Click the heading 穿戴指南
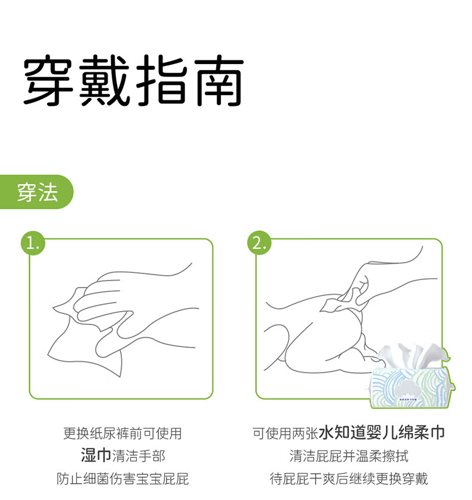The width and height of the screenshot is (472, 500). pyautogui.click(x=134, y=80)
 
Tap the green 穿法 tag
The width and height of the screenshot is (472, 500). pyautogui.click(x=36, y=192)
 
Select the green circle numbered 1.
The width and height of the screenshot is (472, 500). pyautogui.click(x=33, y=243)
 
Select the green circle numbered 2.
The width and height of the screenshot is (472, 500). pyautogui.click(x=259, y=243)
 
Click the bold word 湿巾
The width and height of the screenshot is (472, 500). pyautogui.click(x=96, y=455)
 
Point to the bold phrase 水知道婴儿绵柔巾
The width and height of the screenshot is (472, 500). pyautogui.click(x=382, y=433)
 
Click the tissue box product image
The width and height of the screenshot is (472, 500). pyautogui.click(x=413, y=376)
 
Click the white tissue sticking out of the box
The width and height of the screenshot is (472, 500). pyautogui.click(x=413, y=355)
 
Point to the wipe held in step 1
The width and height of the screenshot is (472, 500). pyautogui.click(x=86, y=344)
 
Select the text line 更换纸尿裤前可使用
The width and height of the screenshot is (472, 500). pyautogui.click(x=122, y=434)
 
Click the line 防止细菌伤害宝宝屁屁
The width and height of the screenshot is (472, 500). pyautogui.click(x=122, y=478)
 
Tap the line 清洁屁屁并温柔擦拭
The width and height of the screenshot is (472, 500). pyautogui.click(x=349, y=456)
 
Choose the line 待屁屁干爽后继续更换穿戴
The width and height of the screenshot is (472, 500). pyautogui.click(x=349, y=478)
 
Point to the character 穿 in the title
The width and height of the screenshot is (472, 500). pyautogui.click(x=48, y=80)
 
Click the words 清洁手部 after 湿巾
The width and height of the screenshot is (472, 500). pyautogui.click(x=139, y=456)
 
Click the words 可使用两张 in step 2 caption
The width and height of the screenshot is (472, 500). pyautogui.click(x=286, y=434)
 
